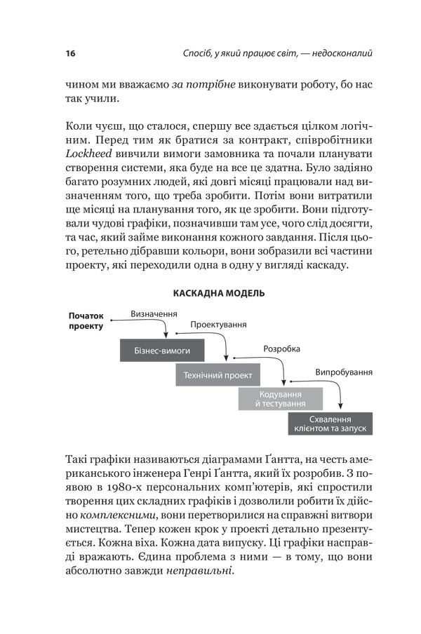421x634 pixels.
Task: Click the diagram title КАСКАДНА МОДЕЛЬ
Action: click(x=218, y=292)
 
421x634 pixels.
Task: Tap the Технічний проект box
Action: click(x=218, y=375)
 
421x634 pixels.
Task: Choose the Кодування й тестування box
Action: click(x=281, y=399)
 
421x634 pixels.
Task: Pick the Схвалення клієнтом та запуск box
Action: click(x=329, y=423)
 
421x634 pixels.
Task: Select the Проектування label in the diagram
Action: click(x=219, y=325)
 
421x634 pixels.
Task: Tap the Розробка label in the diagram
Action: click(x=281, y=349)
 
